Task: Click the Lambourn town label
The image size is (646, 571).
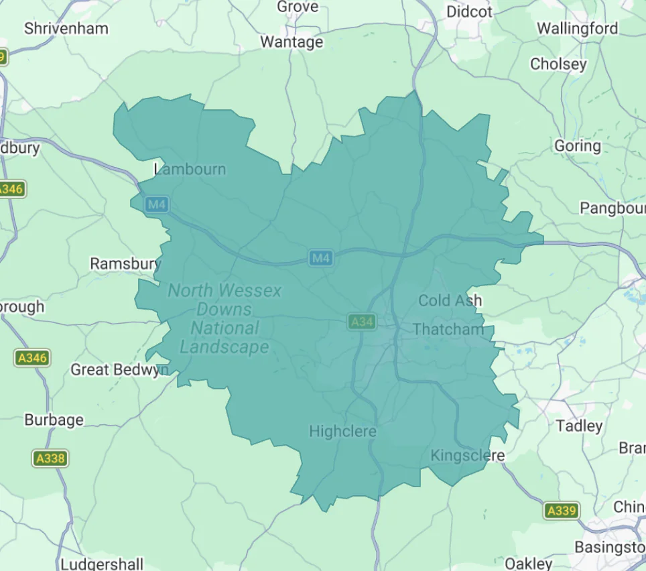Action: (x=190, y=170)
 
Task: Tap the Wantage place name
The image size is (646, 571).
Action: (x=292, y=42)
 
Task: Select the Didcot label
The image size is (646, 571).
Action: (x=469, y=11)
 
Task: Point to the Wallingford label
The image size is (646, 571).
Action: (x=577, y=29)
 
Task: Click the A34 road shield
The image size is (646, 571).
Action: (x=361, y=322)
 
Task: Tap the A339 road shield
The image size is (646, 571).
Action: (x=561, y=511)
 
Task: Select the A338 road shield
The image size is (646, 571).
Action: (x=50, y=459)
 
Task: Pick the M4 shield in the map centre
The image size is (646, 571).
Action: (x=321, y=257)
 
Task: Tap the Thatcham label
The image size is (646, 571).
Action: (x=448, y=329)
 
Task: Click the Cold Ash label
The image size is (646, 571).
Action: (x=450, y=300)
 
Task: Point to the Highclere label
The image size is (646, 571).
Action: (x=342, y=432)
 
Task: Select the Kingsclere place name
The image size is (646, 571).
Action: (x=467, y=456)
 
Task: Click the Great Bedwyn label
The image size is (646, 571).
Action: (x=119, y=370)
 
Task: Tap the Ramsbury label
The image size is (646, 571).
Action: (x=125, y=263)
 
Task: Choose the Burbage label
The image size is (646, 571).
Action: (x=54, y=420)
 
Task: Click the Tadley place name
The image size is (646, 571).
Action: (x=579, y=426)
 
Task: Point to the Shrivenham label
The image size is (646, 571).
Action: (x=66, y=29)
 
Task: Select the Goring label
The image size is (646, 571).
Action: (x=577, y=145)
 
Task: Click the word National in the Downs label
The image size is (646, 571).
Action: (x=224, y=328)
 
